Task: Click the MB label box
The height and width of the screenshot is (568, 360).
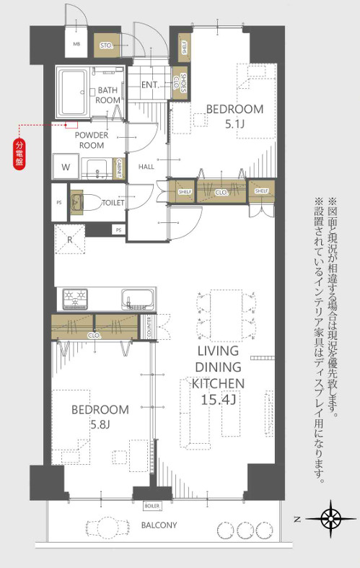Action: point(76,43)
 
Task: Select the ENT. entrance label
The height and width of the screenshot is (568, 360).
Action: point(150,85)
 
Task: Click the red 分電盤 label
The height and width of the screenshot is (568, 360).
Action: point(19,152)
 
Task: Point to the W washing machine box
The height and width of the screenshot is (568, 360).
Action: point(66,167)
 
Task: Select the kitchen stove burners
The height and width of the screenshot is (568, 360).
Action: point(76,298)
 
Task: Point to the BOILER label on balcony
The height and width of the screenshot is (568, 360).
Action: point(152,505)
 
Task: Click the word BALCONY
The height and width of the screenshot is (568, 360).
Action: point(159,525)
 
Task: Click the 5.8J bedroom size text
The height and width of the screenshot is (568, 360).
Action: point(100,424)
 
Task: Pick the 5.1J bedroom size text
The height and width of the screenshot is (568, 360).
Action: point(234,124)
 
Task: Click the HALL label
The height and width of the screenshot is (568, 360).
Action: point(146,167)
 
